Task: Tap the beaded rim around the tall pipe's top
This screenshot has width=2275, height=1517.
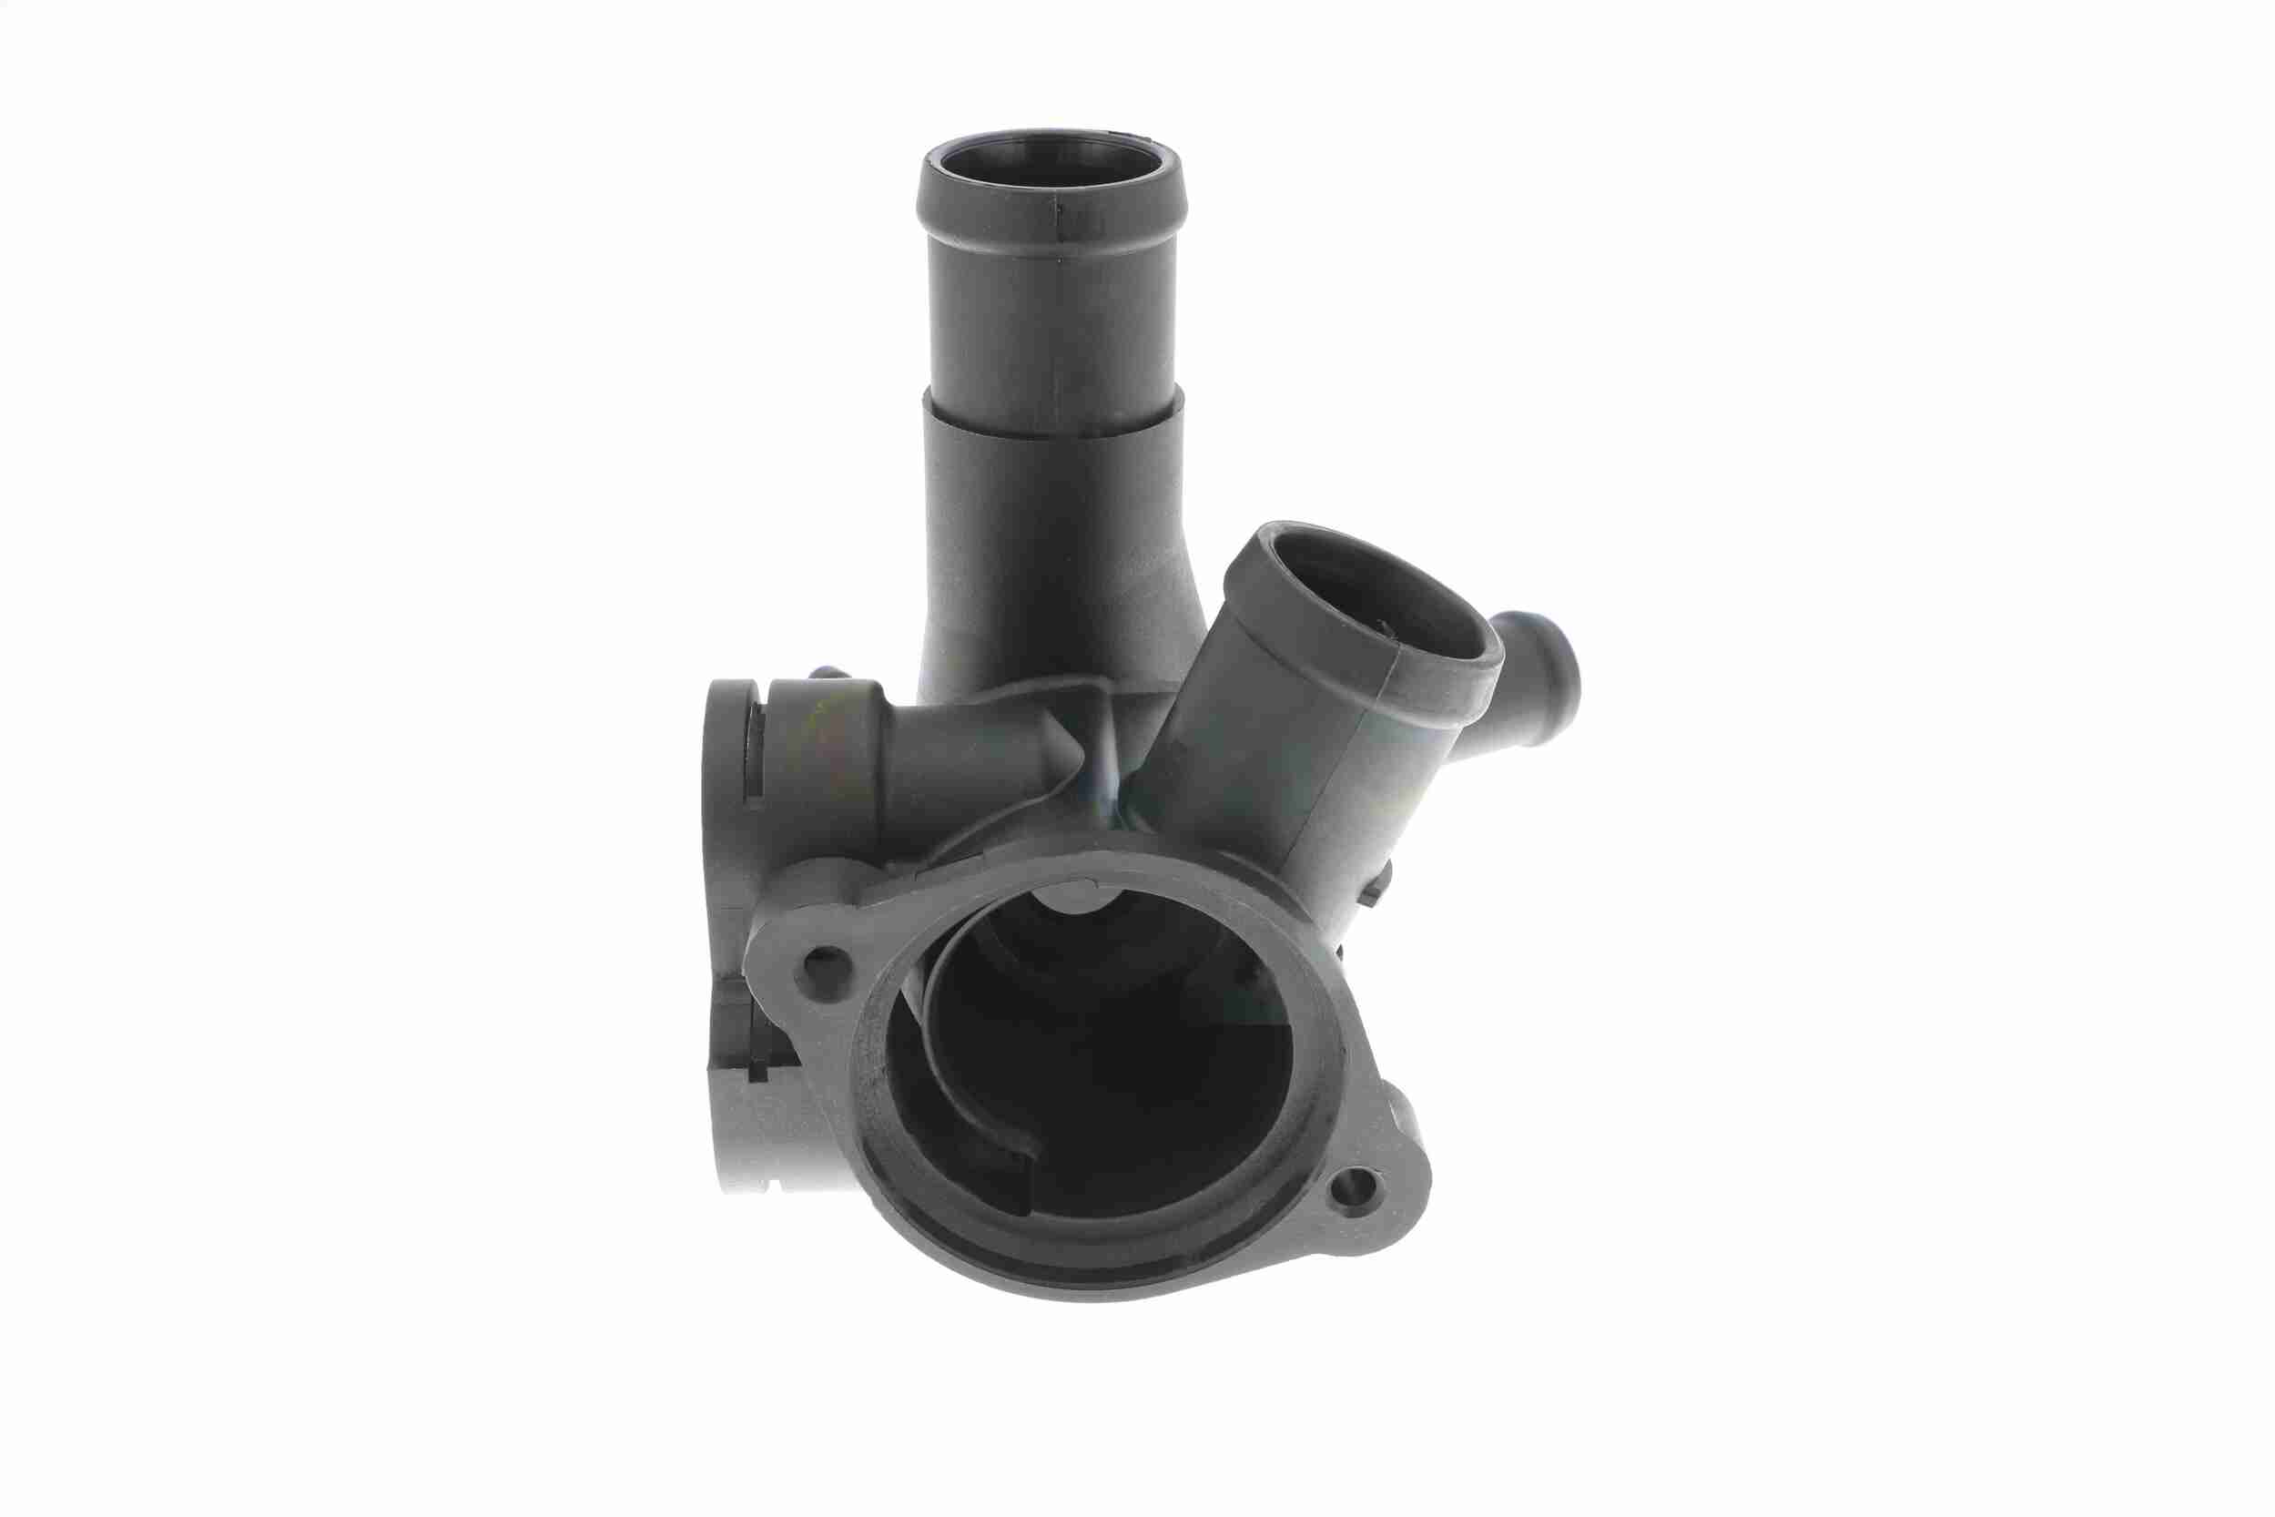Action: (x=1050, y=218)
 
